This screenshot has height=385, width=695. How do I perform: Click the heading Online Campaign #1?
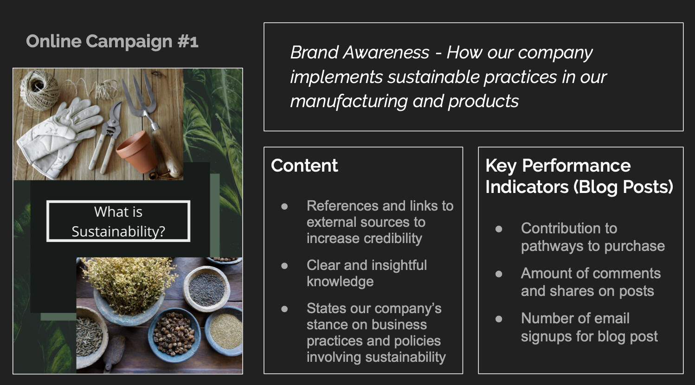(x=112, y=41)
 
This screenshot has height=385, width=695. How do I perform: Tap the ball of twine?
(x=39, y=90)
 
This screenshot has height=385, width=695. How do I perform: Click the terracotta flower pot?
(x=137, y=151)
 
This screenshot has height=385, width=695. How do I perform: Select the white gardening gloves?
(x=59, y=136)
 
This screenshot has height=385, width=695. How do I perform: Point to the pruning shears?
(x=107, y=136)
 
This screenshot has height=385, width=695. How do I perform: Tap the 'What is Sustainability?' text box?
(x=118, y=221)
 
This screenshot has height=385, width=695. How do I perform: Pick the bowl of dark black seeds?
(x=206, y=289)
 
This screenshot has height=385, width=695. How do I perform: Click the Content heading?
(x=304, y=165)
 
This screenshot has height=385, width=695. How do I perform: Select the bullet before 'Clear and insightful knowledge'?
(x=284, y=266)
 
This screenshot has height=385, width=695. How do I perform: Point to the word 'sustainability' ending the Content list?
(x=405, y=357)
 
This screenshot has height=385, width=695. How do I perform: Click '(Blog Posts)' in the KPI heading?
(x=623, y=187)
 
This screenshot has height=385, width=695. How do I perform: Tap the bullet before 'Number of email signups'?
(x=499, y=319)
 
